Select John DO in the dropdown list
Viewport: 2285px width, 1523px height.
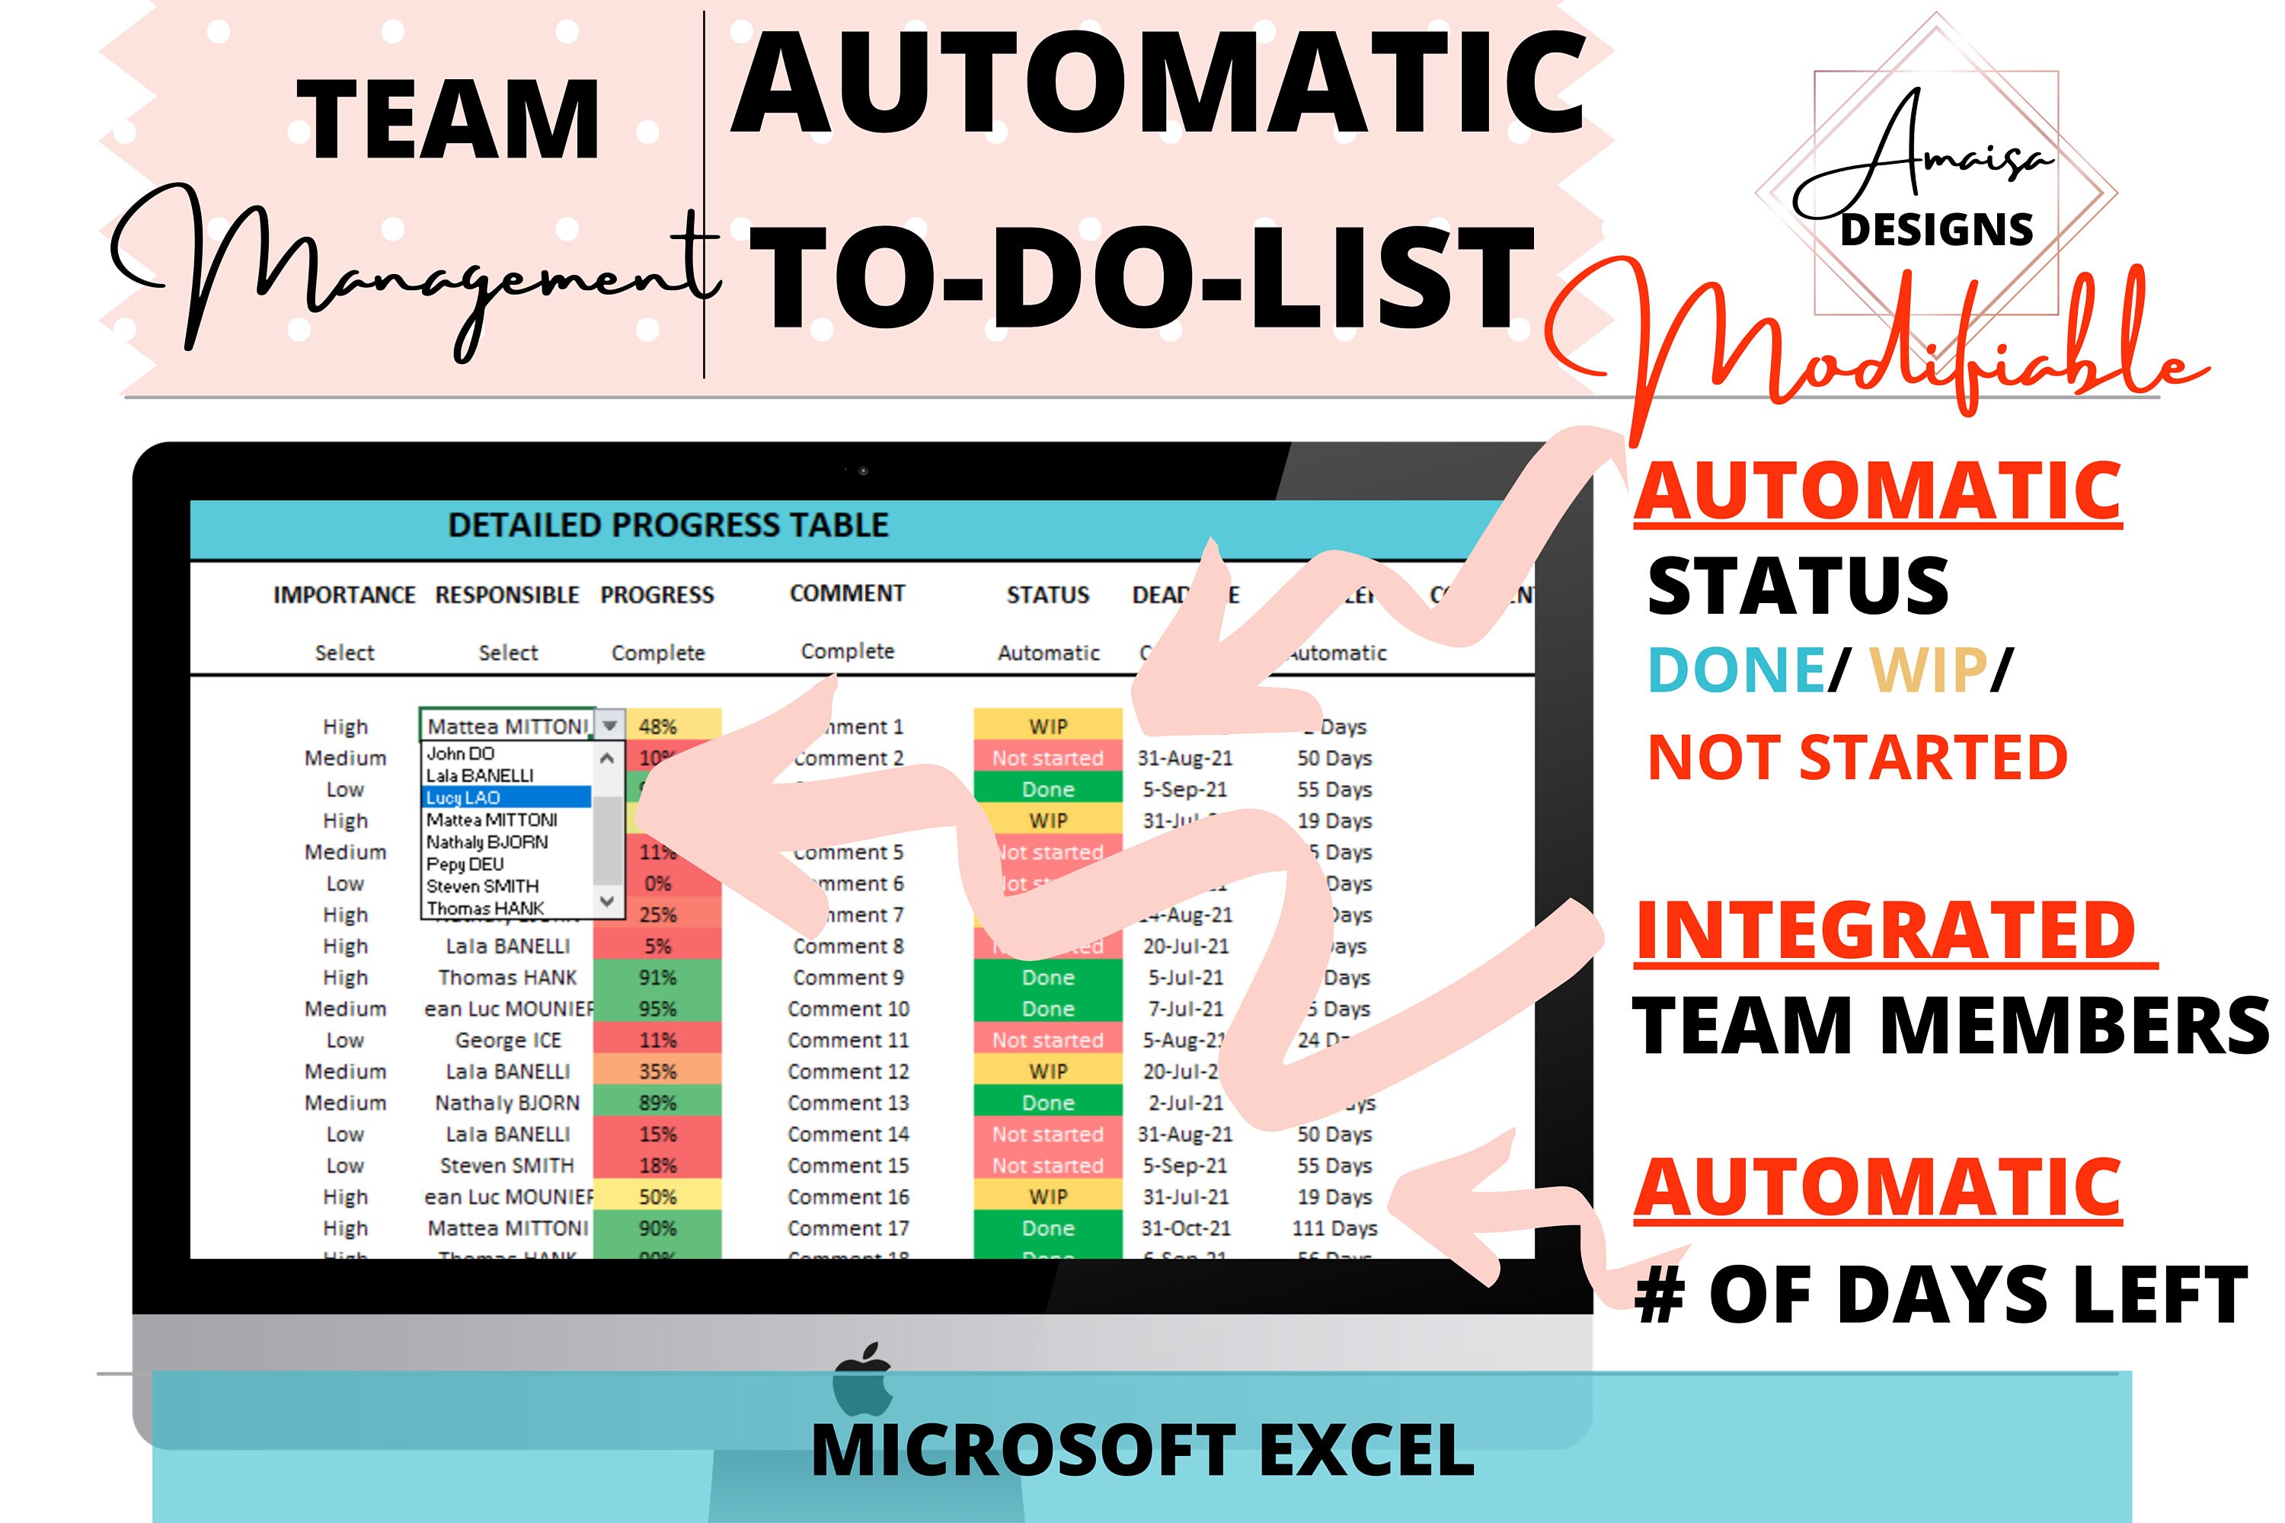point(461,754)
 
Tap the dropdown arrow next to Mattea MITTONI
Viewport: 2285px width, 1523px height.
point(609,726)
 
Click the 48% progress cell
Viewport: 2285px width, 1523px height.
point(658,726)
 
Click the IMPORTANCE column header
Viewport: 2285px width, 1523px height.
point(344,595)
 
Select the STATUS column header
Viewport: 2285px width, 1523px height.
point(1047,595)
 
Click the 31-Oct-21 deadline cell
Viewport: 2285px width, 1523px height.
point(1185,1228)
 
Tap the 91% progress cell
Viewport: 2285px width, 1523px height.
point(658,977)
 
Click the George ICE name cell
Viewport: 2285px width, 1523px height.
point(507,1040)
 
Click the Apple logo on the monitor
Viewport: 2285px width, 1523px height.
point(863,1379)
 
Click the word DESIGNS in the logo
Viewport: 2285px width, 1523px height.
point(1935,230)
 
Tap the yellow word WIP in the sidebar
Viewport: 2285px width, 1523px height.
point(1928,670)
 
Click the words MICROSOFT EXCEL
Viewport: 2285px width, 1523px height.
point(1142,1450)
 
